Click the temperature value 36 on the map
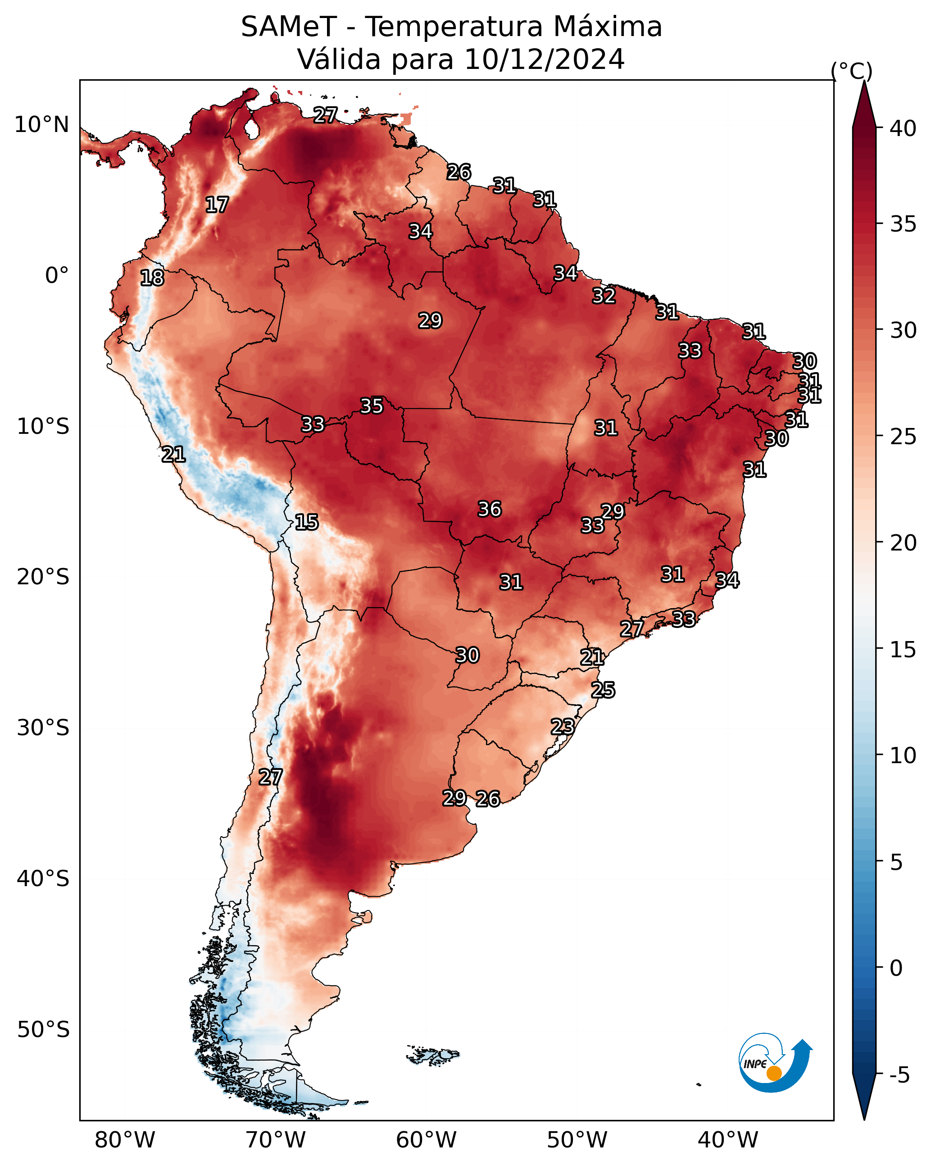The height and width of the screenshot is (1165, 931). pos(490,509)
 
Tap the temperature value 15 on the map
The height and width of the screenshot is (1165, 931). pos(306,522)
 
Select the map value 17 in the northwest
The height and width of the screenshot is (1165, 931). pos(217,205)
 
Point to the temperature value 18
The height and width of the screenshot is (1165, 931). pos(152,278)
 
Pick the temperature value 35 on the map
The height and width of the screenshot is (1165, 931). pos(372,406)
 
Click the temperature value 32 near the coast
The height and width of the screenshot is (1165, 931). pos(604,296)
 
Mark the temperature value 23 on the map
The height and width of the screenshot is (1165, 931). pos(563,726)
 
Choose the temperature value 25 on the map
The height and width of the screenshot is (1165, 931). pos(603,690)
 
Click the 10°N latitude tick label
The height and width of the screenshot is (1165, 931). pos(41,125)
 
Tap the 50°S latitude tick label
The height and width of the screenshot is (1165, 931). pos(43,1030)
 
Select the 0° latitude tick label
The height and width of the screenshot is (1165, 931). pos(57,276)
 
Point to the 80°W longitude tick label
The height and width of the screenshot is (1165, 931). pos(125,1140)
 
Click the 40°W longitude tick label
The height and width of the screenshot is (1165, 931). pos(728,1140)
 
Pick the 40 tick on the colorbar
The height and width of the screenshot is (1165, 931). pos(903,128)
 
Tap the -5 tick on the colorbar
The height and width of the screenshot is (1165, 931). pos(899,1075)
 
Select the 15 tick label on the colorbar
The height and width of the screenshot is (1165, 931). pos(903,650)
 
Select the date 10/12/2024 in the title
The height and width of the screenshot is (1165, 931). pos(544,59)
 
